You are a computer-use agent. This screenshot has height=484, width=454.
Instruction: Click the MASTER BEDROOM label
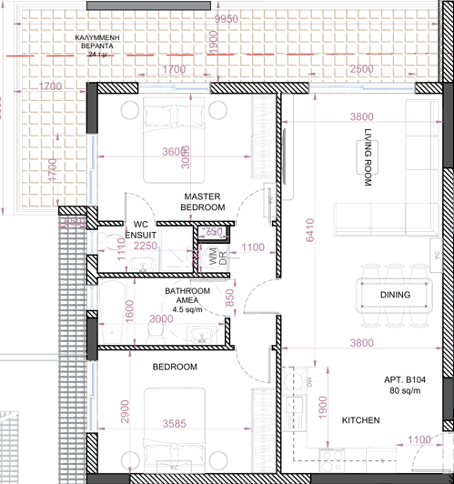tap(203, 202)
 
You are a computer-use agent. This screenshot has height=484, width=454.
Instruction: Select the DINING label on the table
tap(395, 295)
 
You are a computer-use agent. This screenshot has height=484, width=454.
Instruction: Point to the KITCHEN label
tap(360, 421)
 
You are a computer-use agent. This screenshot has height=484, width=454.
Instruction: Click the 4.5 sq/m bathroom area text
tap(187, 310)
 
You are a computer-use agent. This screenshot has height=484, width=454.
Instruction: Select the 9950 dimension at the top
tap(227, 19)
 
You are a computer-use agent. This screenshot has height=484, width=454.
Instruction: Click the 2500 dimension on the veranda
tap(361, 70)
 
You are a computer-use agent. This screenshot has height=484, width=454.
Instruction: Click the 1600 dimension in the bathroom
tap(129, 309)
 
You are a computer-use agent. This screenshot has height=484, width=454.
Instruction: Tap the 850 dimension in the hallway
tap(230, 297)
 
